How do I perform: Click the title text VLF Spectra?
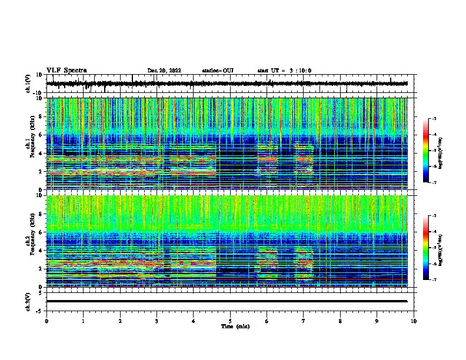coord(66,71)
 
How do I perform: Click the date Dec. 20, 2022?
coord(164,71)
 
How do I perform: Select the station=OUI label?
coord(218,71)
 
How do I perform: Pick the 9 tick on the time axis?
coord(377,321)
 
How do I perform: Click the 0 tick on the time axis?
coord(46,321)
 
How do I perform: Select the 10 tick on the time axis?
coord(414,321)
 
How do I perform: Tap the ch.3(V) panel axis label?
coord(29,301)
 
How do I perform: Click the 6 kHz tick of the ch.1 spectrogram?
coord(41,135)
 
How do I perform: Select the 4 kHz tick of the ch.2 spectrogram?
coord(41,250)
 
